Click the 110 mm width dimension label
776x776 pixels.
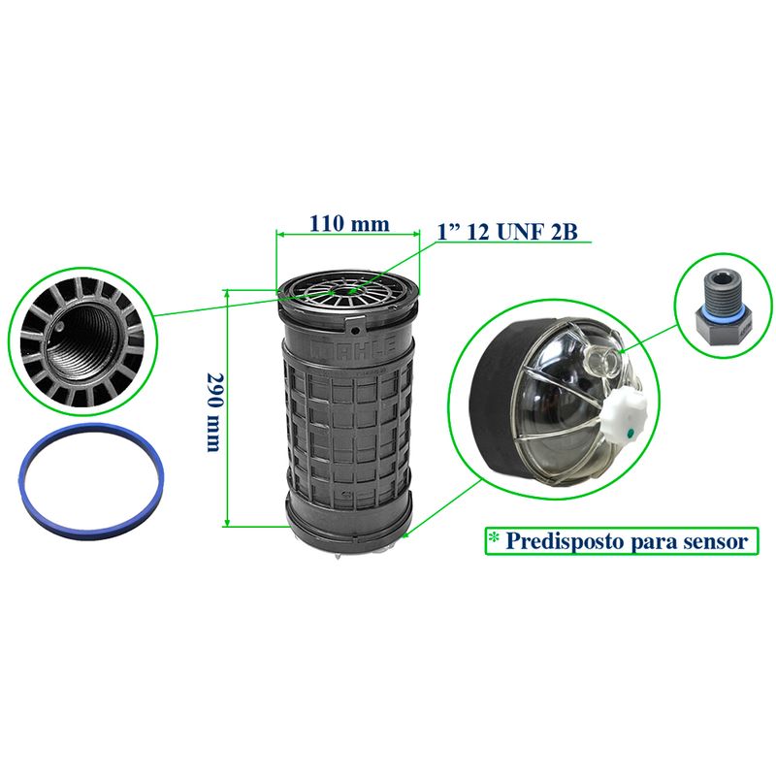(x=349, y=224)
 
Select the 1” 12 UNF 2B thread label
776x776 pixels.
(x=506, y=231)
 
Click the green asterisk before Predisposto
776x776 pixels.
(x=494, y=538)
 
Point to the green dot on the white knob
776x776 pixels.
(x=630, y=434)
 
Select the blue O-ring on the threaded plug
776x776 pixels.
(x=722, y=309)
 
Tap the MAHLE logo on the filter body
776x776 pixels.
(x=352, y=346)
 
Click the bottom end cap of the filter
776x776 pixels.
(x=349, y=523)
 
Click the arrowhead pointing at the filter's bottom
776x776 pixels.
(x=404, y=534)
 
